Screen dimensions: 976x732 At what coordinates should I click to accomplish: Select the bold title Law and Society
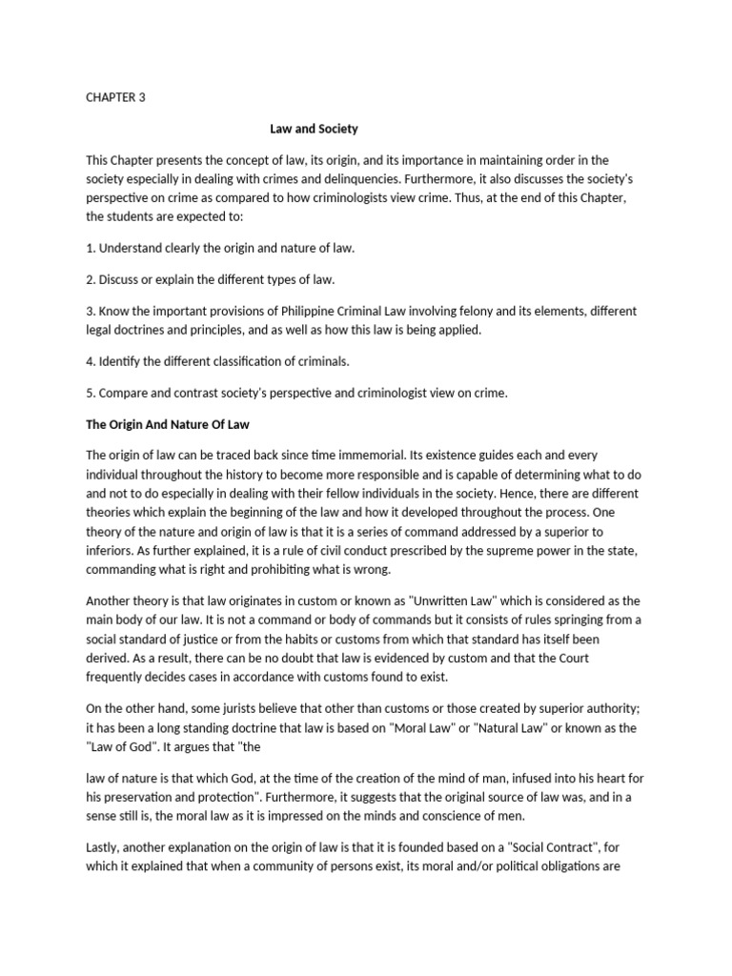[x=314, y=128]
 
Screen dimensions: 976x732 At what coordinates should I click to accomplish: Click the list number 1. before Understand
[x=91, y=248]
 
